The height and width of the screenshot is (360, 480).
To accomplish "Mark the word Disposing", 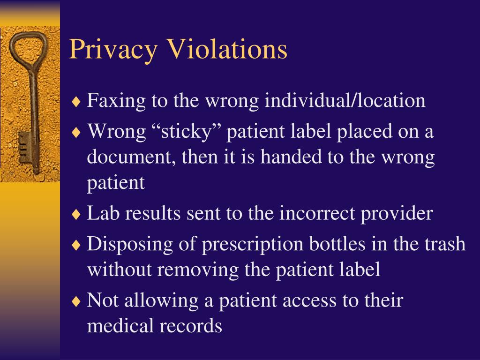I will (126, 245).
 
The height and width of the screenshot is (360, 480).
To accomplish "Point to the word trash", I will (445, 244).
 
